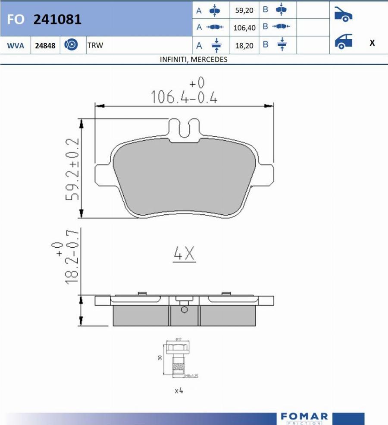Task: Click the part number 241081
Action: click(57, 19)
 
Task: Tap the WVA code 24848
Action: click(45, 45)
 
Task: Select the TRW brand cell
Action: click(95, 45)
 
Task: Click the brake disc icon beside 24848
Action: click(71, 45)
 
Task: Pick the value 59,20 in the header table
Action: click(244, 10)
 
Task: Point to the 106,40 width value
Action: click(244, 28)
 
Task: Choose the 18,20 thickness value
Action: click(244, 45)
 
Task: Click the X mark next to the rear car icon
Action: click(372, 43)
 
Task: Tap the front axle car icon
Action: click(344, 15)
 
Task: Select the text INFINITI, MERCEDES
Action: click(194, 60)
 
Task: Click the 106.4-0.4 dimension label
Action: click(184, 98)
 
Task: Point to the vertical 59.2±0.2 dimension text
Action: click(72, 169)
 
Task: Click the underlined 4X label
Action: click(184, 255)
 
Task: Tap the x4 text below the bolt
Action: click(179, 390)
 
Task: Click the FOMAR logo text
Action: click(304, 416)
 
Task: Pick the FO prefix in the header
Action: click(15, 20)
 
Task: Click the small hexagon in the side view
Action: click(185, 310)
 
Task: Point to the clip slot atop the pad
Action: click(184, 128)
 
